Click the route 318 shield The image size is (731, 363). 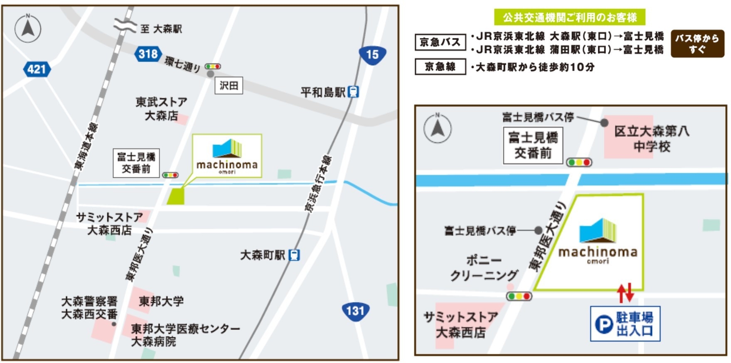[148, 54]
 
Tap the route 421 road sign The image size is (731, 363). [37, 69]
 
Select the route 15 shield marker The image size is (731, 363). [372, 54]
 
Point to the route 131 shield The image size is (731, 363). [355, 311]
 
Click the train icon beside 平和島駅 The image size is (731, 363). [353, 92]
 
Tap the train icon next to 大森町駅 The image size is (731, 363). [294, 255]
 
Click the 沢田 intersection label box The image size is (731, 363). [229, 86]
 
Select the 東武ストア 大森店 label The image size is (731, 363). [161, 108]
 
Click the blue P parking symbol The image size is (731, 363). [603, 324]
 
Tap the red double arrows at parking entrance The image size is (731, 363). [625, 292]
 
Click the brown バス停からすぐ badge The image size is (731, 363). [697, 44]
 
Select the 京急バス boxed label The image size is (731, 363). [440, 42]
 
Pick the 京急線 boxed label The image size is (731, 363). [440, 66]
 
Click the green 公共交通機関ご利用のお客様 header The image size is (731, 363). [569, 17]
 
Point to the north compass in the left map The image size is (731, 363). [28, 28]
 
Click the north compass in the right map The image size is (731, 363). [437, 128]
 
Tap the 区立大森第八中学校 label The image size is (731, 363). [651, 139]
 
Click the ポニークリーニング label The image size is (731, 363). [484, 268]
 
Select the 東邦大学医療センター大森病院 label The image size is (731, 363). [185, 335]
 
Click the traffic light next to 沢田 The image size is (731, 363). [213, 66]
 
